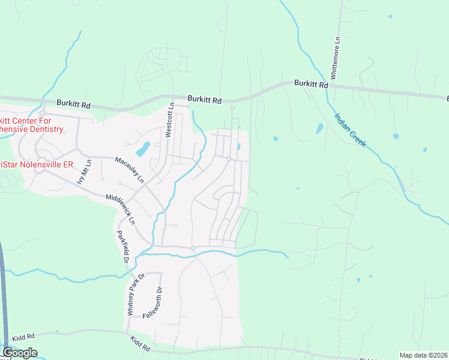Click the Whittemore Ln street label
[x=337, y=57]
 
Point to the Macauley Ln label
[x=130, y=170]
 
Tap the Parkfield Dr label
[x=122, y=247]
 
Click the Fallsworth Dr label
[x=160, y=298]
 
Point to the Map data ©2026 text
[x=423, y=355]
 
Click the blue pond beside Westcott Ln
[x=143, y=148]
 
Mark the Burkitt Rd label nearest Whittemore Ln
[x=311, y=85]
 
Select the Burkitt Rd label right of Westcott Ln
[x=204, y=99]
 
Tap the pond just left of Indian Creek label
[x=319, y=128]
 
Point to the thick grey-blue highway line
[x=3, y=288]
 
